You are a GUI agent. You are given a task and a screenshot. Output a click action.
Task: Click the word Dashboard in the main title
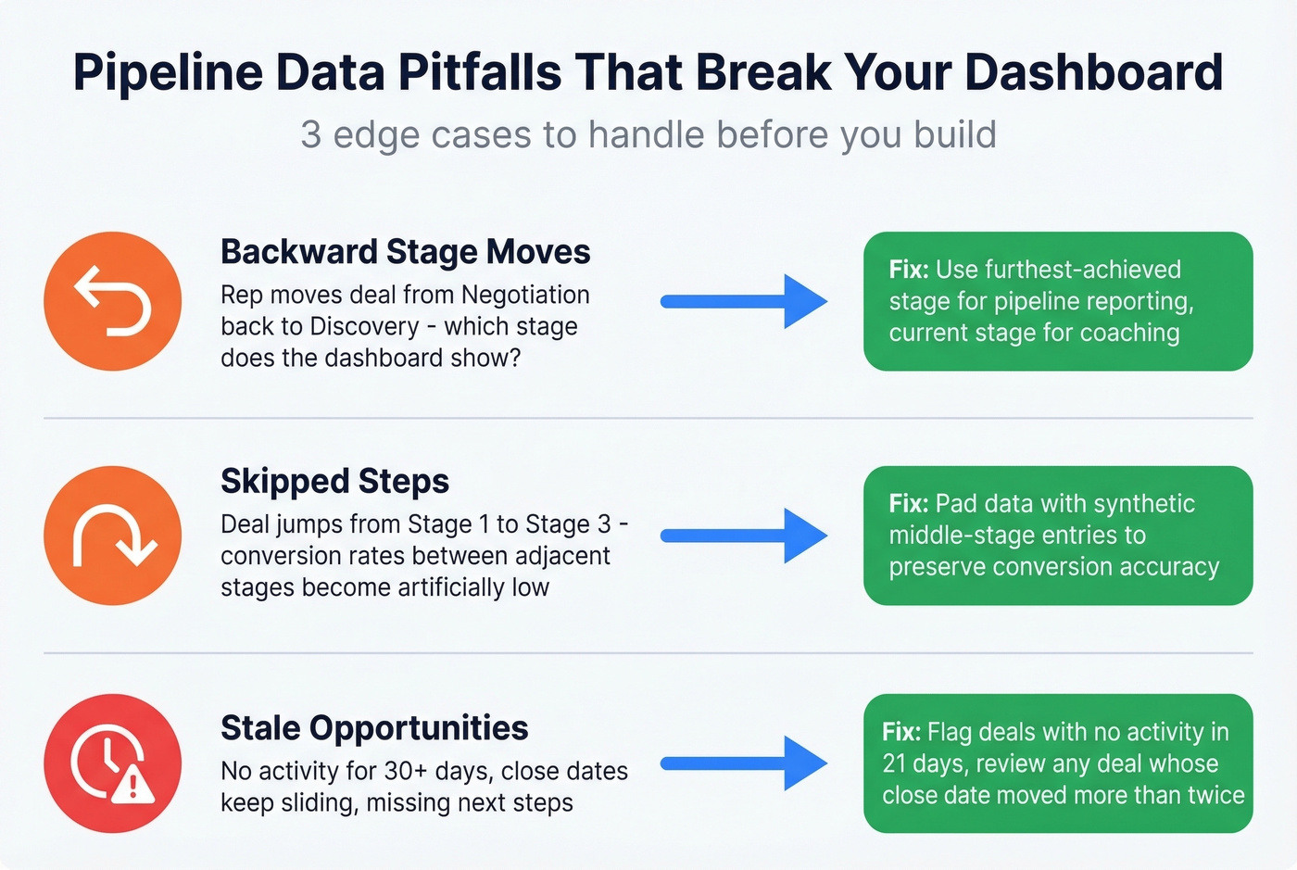pos(1094,72)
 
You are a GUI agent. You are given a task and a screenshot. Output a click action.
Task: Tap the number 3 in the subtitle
pos(310,135)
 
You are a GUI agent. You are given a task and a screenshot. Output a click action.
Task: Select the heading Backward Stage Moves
pos(405,252)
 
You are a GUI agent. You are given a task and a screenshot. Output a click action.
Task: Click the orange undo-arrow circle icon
pos(112,301)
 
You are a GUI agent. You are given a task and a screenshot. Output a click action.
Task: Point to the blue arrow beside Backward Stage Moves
pos(743,301)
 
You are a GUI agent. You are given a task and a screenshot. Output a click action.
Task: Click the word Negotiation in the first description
pos(525,295)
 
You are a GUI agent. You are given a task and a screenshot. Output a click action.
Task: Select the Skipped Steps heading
pos(334,481)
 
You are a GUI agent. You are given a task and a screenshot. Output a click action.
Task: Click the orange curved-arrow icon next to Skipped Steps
pos(112,536)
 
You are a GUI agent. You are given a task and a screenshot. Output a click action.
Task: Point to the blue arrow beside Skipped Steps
pos(743,536)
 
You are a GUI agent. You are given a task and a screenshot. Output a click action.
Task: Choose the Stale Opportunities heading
pos(374,728)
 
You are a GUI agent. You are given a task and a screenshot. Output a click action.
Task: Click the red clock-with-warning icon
pos(112,763)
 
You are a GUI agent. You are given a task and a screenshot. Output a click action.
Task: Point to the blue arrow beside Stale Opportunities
pos(743,763)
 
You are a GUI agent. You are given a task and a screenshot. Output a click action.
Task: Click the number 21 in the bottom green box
pos(894,763)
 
